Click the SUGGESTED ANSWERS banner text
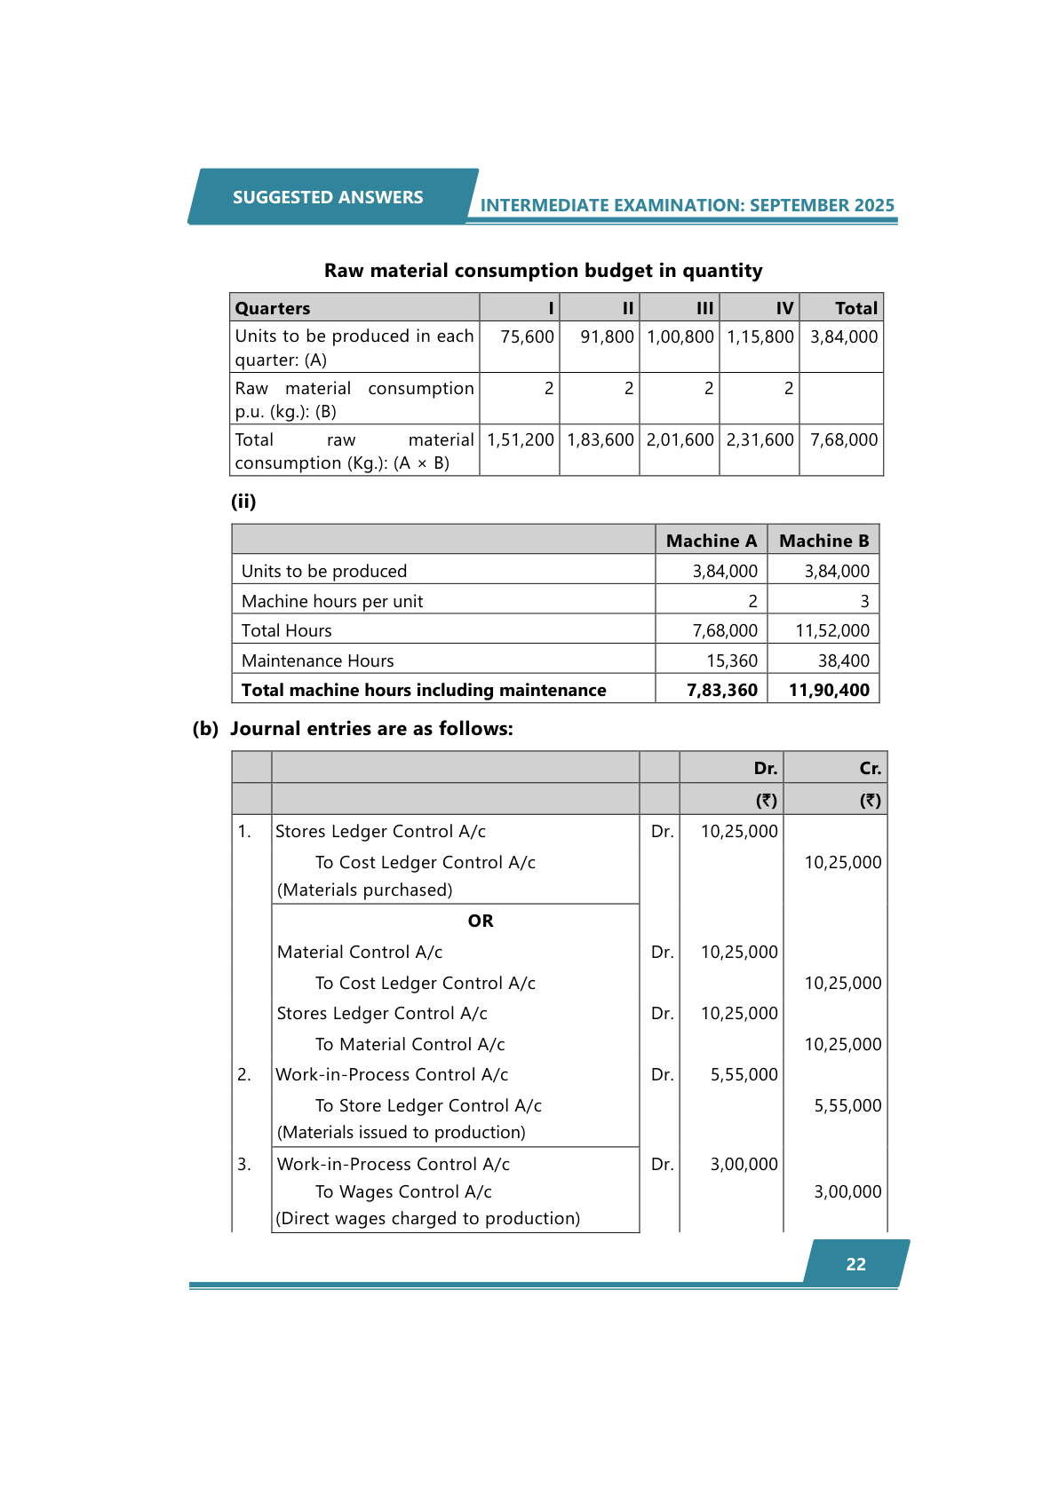point(328,197)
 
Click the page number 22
point(855,1264)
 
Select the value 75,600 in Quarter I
point(527,336)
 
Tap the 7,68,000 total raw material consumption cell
point(844,439)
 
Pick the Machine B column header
point(823,541)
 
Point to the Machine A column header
point(711,541)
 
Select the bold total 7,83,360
point(721,690)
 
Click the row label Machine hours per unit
point(332,601)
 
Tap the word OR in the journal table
point(481,921)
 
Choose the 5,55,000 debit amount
point(744,1074)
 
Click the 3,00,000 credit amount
point(847,1191)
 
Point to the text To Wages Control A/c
point(403,1191)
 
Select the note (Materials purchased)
point(365,890)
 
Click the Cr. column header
point(870,768)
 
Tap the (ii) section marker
point(243,502)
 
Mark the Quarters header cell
point(273,308)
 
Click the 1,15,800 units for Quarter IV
point(760,336)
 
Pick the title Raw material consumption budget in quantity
point(543,270)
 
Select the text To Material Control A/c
point(410,1044)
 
